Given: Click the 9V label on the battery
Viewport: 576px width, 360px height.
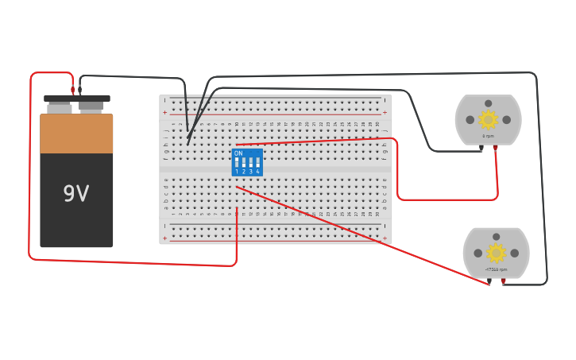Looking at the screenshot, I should (x=76, y=194).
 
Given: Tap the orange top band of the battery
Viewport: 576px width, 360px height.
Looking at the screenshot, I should (x=76, y=134).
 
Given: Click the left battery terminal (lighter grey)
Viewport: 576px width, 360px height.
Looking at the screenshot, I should (x=59, y=107).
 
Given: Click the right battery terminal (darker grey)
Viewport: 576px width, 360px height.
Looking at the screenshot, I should (x=91, y=106).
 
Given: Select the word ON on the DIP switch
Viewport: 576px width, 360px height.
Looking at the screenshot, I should (x=238, y=153).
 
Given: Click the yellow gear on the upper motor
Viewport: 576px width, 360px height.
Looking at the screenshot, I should (x=488, y=119).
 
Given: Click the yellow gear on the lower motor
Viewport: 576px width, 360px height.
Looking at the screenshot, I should (x=496, y=253).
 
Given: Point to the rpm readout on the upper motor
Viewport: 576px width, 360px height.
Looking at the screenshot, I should (x=488, y=136).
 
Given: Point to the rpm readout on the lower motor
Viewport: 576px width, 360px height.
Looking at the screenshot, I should (x=496, y=269).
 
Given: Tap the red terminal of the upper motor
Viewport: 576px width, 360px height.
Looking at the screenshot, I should (x=495, y=148).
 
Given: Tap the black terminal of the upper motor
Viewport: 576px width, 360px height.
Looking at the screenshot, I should (x=481, y=148).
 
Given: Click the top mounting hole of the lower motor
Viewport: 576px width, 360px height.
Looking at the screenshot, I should (x=496, y=237).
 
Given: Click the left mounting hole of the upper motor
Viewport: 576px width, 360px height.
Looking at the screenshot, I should (x=470, y=120).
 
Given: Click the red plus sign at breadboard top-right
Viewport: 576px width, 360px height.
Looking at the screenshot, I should (x=385, y=113).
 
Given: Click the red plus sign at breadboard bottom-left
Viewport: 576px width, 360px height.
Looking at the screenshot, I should (x=165, y=238).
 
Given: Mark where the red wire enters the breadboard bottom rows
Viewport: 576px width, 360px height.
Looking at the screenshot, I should (x=237, y=209).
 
